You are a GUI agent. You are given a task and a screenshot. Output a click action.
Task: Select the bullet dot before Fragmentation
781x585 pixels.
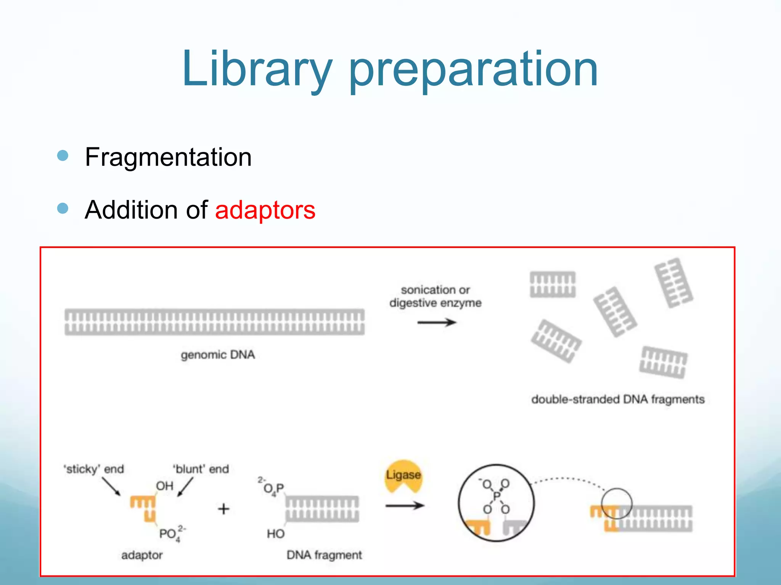click(x=63, y=155)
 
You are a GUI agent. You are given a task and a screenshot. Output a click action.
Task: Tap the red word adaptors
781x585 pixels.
click(x=265, y=210)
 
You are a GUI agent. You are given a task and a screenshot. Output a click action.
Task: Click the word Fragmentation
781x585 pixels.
click(x=168, y=157)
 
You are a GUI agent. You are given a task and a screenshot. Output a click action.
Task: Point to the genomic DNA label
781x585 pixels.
click(x=218, y=355)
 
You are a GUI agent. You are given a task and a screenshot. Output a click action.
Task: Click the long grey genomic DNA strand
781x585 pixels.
click(x=214, y=322)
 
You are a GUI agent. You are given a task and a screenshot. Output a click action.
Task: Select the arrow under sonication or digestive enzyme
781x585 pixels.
click(x=436, y=323)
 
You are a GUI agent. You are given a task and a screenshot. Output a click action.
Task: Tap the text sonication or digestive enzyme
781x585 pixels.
click(x=435, y=296)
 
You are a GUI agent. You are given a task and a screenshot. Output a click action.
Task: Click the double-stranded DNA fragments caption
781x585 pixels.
click(x=618, y=400)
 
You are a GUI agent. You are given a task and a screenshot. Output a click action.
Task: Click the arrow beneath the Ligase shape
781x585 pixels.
click(x=405, y=506)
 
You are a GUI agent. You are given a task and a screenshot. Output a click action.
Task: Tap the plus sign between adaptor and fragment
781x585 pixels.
click(x=224, y=509)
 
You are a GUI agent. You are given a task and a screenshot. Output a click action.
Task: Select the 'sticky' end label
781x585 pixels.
click(x=94, y=469)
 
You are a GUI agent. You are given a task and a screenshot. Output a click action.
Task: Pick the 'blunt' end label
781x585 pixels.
click(x=201, y=469)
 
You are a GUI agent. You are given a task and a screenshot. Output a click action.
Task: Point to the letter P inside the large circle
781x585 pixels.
click(x=497, y=496)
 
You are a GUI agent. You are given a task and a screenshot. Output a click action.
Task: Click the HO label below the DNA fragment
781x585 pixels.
click(x=275, y=534)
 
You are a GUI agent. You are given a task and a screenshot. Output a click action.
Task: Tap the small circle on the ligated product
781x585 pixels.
click(x=617, y=503)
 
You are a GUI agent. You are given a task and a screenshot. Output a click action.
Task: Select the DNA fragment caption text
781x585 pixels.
click(x=324, y=555)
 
